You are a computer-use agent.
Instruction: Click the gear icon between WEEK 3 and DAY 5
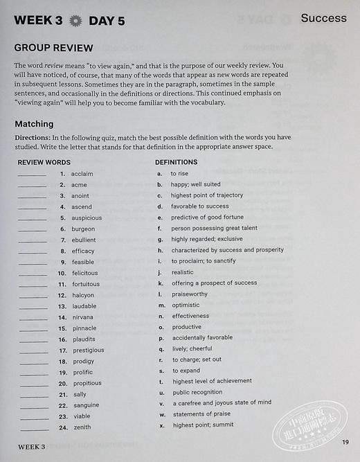pos(75,21)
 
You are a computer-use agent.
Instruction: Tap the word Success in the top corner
pos(323,19)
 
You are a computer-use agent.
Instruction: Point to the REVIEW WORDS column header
pos(44,162)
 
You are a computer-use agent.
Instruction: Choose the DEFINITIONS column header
pos(176,162)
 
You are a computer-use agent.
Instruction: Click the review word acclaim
pos(82,174)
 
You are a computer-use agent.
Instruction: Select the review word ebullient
pos(84,240)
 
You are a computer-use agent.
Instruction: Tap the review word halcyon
pos(82,295)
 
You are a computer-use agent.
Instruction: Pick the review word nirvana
pos(82,317)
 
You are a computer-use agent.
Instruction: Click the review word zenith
pos(80,427)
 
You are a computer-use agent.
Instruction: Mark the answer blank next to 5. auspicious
pos(32,218)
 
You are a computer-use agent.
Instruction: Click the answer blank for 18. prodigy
pos(32,362)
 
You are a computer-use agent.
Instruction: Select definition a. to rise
pos(179,174)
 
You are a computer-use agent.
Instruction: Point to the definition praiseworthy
pos(189,294)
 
